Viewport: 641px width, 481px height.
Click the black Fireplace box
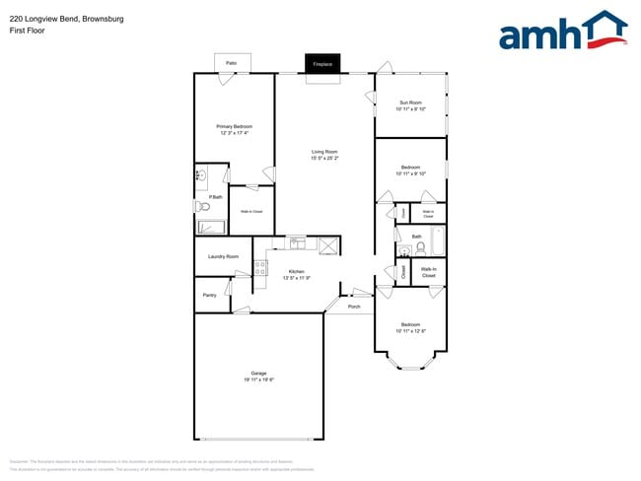322,64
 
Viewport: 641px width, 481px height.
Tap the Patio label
231,63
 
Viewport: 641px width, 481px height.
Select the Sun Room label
410,103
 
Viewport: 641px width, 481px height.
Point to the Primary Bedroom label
235,126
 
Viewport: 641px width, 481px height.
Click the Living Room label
324,151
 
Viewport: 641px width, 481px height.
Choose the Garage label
258,374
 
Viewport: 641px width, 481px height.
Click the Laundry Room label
223,256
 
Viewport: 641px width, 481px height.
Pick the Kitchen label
296,271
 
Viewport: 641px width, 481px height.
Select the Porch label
354,307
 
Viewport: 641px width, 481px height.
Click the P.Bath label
215,198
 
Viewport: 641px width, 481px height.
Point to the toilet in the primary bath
204,208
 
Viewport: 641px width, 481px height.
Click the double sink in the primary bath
200,174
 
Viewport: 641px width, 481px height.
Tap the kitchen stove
261,267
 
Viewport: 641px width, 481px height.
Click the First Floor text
26,31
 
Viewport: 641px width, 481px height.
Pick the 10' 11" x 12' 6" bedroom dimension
410,331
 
